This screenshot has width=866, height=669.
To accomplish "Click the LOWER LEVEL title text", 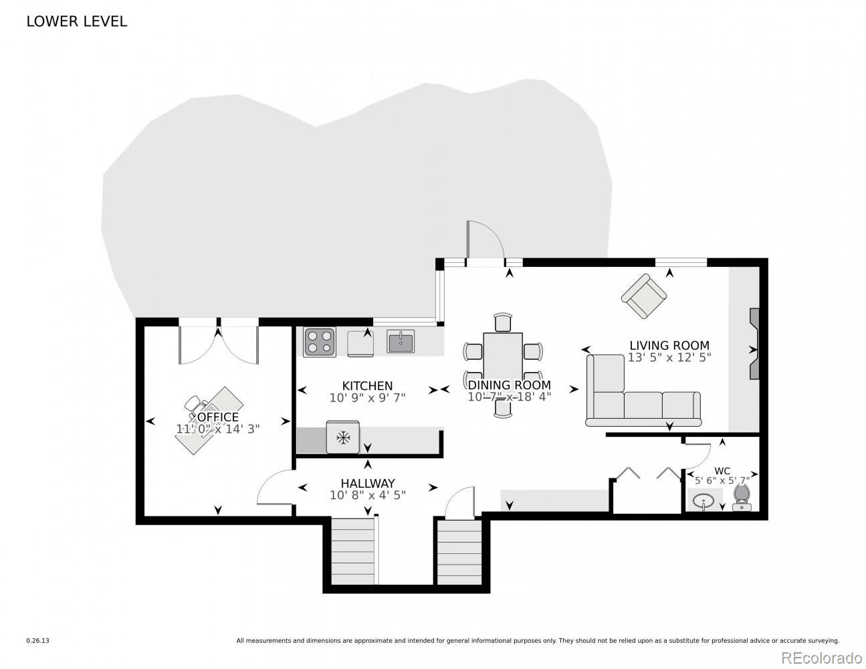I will [76, 21].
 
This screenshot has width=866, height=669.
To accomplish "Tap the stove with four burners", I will [320, 342].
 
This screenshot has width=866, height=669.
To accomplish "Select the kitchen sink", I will [401, 342].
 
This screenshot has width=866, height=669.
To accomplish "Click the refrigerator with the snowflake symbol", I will [343, 438].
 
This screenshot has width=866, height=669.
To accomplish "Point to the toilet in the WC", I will [742, 498].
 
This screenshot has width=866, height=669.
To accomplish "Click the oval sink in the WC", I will [705, 500].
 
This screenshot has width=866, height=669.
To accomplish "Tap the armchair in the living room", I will [644, 296].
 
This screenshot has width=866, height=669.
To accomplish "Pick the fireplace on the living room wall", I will [754, 344].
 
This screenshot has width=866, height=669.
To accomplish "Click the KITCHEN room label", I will [367, 386].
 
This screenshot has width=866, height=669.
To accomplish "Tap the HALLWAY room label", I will [367, 483].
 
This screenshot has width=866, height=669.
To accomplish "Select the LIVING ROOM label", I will [669, 345].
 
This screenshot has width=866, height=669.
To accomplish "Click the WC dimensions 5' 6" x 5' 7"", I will [722, 480].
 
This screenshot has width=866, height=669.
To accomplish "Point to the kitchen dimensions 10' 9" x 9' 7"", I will [367, 398].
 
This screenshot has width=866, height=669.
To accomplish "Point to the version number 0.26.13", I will [37, 641].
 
